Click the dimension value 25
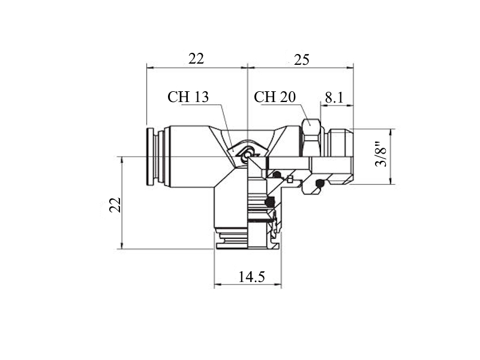point(302,59)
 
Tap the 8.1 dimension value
point(334,98)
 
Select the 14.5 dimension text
point(251,277)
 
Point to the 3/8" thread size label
point(381,154)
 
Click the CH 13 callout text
point(188,97)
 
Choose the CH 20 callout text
point(275,97)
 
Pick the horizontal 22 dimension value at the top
point(196,58)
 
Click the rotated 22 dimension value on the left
point(115,205)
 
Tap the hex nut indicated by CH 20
point(312,138)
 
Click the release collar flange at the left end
point(150,157)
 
